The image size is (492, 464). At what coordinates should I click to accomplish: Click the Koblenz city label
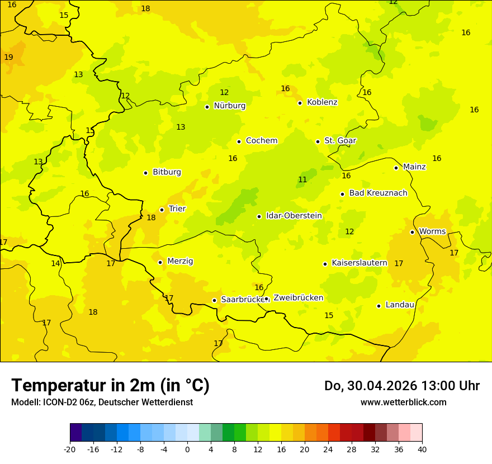tap(322, 102)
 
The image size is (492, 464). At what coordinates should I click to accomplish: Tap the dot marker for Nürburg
tap(207, 107)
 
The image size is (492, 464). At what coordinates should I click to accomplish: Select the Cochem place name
tap(262, 141)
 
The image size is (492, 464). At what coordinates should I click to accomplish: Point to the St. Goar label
tap(340, 141)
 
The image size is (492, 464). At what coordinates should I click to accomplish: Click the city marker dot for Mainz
tap(396, 168)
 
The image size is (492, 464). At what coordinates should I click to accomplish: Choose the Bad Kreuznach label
tap(378, 193)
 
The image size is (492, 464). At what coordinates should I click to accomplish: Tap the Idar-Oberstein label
tap(294, 216)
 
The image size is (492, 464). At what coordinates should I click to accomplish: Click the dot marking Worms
tap(412, 232)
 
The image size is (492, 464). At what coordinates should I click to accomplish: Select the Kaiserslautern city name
tap(359, 263)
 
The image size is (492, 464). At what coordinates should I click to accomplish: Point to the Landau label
tap(400, 305)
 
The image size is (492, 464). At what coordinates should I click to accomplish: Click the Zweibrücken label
tap(298, 298)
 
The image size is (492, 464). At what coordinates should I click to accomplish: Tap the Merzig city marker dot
tap(160, 262)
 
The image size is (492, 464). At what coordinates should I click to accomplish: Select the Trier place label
tap(177, 209)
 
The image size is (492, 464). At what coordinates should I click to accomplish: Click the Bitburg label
tap(167, 172)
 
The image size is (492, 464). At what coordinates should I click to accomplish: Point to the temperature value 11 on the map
tap(302, 180)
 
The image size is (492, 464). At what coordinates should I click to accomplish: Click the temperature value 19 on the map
tap(8, 58)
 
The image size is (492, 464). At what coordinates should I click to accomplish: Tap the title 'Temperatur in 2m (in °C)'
tap(110, 386)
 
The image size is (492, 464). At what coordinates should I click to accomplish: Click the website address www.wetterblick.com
tap(403, 403)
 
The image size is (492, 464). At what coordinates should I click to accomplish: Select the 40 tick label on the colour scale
tap(422, 449)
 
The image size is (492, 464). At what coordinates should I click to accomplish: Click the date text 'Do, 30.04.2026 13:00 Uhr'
tap(402, 386)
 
